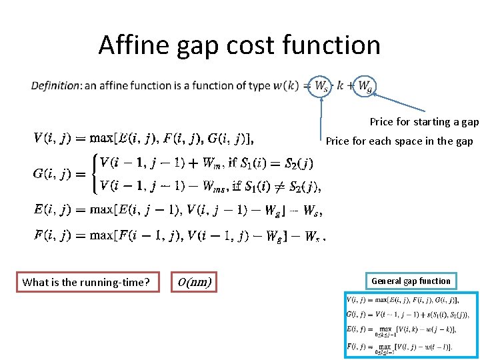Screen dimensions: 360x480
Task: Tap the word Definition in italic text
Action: [55, 86]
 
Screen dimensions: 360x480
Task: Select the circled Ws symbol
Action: [321, 86]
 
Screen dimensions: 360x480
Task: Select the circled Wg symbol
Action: [365, 86]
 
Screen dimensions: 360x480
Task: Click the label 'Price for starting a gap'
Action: [424, 122]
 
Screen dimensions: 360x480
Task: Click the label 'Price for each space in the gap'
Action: [399, 141]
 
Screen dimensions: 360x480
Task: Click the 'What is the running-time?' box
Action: [85, 282]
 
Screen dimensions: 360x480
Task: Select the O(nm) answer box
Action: [195, 282]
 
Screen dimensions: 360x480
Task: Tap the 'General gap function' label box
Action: [411, 281]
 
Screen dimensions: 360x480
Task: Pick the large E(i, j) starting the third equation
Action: [55, 209]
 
